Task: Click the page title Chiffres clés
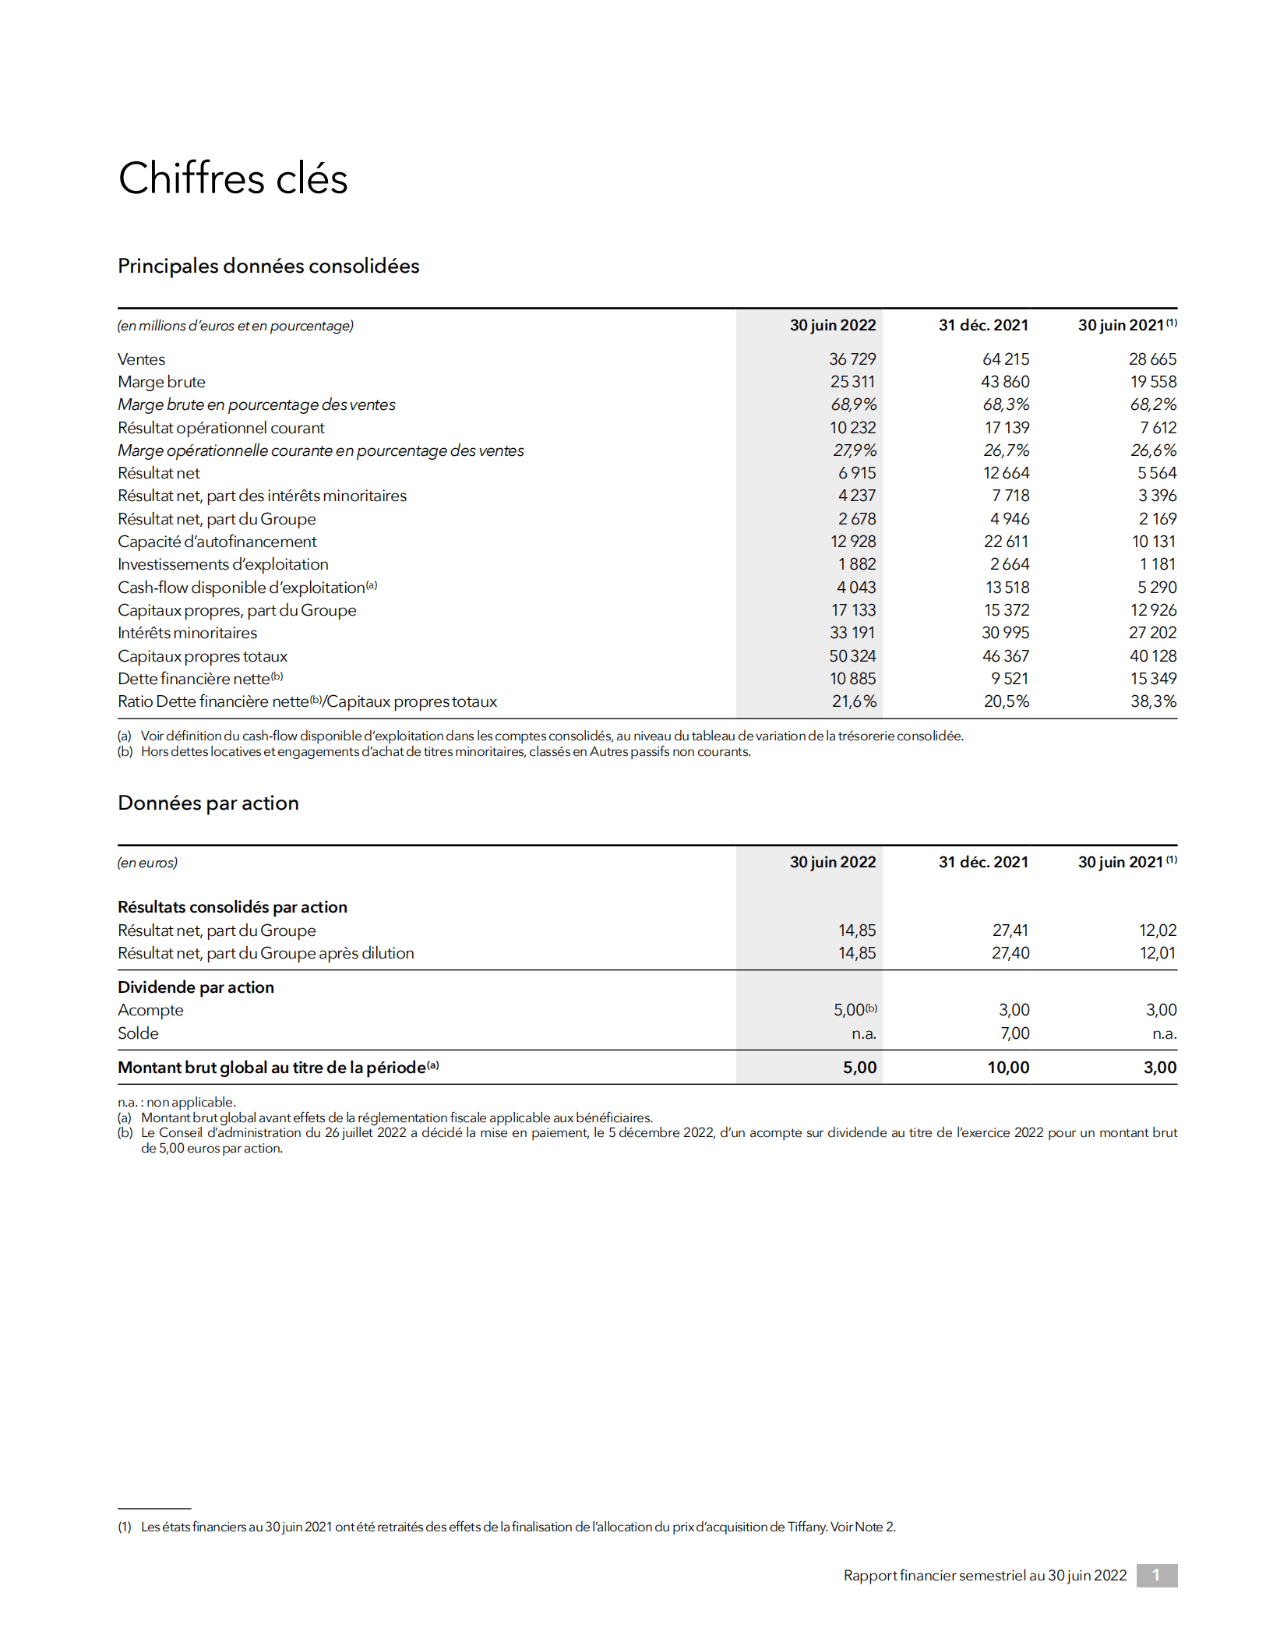(232, 178)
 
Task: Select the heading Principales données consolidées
(268, 266)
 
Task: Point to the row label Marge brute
(161, 382)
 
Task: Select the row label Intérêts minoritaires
(187, 633)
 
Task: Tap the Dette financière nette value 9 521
(1009, 679)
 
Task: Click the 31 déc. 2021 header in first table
(982, 325)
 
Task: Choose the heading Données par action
(208, 803)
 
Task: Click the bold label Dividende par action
(196, 987)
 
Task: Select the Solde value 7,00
(1014, 1033)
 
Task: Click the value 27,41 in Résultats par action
(1010, 930)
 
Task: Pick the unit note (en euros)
(147, 863)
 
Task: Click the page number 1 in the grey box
(1156, 1575)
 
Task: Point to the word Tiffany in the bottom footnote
(806, 1527)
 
